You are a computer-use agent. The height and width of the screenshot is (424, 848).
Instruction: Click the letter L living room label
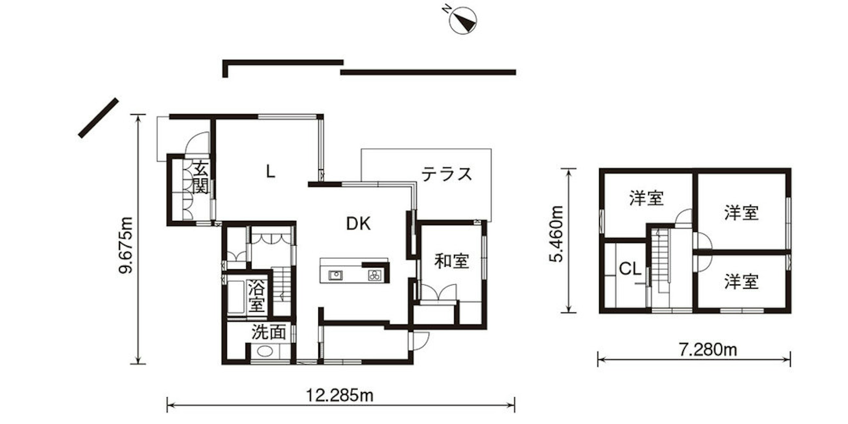coord(270,172)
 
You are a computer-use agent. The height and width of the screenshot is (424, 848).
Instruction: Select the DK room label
coord(358,223)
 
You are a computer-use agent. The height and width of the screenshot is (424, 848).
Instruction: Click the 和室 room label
coord(452,261)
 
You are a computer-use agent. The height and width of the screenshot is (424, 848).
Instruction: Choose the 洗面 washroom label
coord(269,332)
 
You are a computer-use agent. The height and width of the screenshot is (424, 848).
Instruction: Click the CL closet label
coord(630,269)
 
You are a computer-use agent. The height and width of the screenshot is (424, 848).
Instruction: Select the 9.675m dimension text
coord(126,245)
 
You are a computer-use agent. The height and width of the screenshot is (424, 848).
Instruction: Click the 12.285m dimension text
coord(340,395)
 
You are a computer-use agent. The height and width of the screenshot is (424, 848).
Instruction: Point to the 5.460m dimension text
coord(556,234)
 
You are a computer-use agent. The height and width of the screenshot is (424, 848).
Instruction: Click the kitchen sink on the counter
coord(335,275)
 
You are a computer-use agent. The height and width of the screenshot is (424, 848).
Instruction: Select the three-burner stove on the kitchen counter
coord(375,275)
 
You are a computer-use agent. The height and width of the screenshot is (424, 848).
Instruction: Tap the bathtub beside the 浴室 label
coord(237,297)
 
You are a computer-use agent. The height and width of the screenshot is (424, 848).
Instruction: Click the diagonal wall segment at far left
coord(98,117)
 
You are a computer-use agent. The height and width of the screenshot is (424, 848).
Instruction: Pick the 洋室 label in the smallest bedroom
coord(742,281)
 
